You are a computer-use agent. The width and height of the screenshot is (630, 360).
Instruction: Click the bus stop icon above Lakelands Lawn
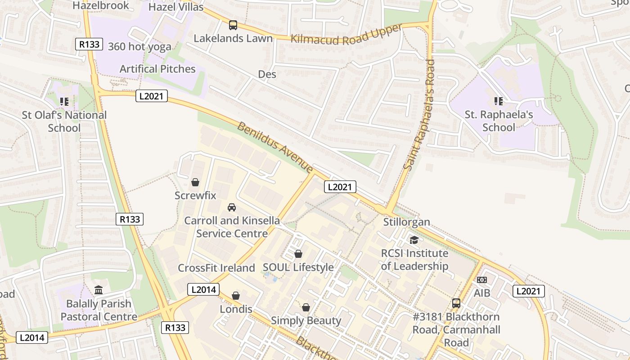click(x=233, y=25)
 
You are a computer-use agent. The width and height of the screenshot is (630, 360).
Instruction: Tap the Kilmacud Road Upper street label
click(x=346, y=34)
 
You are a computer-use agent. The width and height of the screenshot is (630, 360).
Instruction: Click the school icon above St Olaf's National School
click(x=64, y=102)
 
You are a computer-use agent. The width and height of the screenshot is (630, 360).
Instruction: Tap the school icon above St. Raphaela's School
click(x=498, y=101)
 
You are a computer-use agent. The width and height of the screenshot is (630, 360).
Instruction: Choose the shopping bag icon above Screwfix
click(x=195, y=182)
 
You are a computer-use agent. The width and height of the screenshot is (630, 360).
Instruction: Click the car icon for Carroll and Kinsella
click(x=232, y=207)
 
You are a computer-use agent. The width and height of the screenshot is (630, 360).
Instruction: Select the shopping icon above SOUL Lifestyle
click(x=298, y=254)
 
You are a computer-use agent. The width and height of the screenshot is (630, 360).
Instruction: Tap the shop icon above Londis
click(x=235, y=296)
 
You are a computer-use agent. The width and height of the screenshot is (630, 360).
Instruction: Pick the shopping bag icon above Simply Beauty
click(x=306, y=307)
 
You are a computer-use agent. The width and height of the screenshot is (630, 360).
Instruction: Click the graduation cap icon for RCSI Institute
click(x=414, y=240)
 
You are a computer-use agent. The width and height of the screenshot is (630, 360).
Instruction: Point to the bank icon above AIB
click(x=481, y=280)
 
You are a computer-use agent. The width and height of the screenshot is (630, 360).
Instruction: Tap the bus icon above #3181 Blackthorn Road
click(x=456, y=303)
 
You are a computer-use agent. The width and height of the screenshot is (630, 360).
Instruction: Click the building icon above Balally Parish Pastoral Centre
click(x=99, y=290)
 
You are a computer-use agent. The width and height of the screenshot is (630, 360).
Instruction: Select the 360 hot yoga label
click(x=139, y=47)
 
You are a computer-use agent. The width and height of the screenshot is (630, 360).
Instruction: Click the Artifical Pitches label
click(x=157, y=69)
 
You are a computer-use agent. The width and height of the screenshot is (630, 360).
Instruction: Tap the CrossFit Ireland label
click(x=216, y=268)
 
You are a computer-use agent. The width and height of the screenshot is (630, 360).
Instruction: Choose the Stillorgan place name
click(x=406, y=222)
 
